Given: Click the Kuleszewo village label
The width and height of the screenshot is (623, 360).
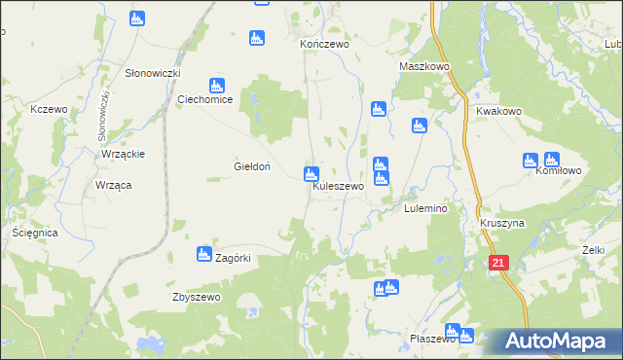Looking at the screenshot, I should point(339,185).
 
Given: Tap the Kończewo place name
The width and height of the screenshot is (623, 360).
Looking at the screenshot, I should point(323,44).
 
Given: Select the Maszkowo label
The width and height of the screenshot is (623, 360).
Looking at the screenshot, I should point(422,66).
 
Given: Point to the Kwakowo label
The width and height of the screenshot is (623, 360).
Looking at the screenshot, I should point(499,111).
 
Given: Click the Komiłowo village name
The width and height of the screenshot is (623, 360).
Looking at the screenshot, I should point(559,170).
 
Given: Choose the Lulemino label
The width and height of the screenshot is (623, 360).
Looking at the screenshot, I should point(425,208).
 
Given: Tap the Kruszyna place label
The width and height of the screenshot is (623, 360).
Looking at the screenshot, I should point(502,223).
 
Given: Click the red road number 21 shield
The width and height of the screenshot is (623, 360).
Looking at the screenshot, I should point(498,263).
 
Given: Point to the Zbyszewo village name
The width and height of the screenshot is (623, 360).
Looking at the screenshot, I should point(197,297).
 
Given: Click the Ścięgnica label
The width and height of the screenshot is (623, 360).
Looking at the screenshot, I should point(36,234).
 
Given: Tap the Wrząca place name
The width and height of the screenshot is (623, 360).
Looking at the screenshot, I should point(114,185).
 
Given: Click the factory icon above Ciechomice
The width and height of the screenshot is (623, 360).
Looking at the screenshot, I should point(217,86).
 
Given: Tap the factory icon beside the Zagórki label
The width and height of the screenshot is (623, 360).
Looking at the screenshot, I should point(203,254).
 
